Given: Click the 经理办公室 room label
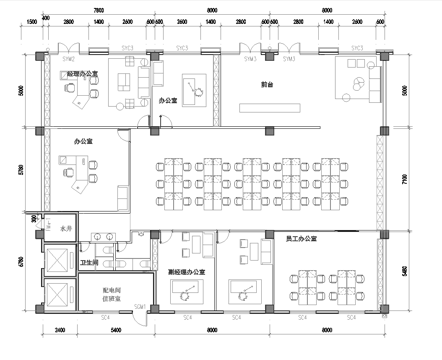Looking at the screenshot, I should (83, 74).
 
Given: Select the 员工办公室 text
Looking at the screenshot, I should (300, 240).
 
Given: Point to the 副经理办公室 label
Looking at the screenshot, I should (185, 271).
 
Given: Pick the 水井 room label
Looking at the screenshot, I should (66, 229).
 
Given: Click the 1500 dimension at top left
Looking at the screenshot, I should (32, 21).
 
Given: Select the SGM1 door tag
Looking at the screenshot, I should (141, 306).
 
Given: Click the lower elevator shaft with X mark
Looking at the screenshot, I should (59, 296).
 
